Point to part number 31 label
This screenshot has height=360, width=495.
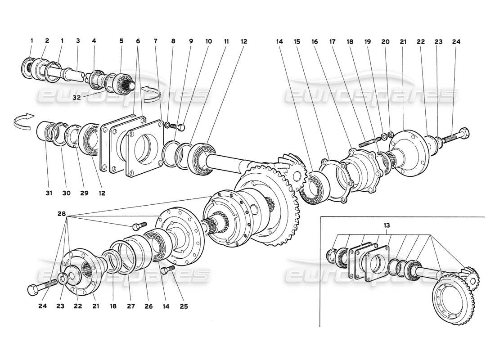49,193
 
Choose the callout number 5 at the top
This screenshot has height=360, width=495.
121,41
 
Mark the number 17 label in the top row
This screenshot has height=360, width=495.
333,41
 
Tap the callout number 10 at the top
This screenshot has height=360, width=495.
208,41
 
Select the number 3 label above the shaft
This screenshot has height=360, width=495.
78,41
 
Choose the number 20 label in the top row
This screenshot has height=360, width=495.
385,41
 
